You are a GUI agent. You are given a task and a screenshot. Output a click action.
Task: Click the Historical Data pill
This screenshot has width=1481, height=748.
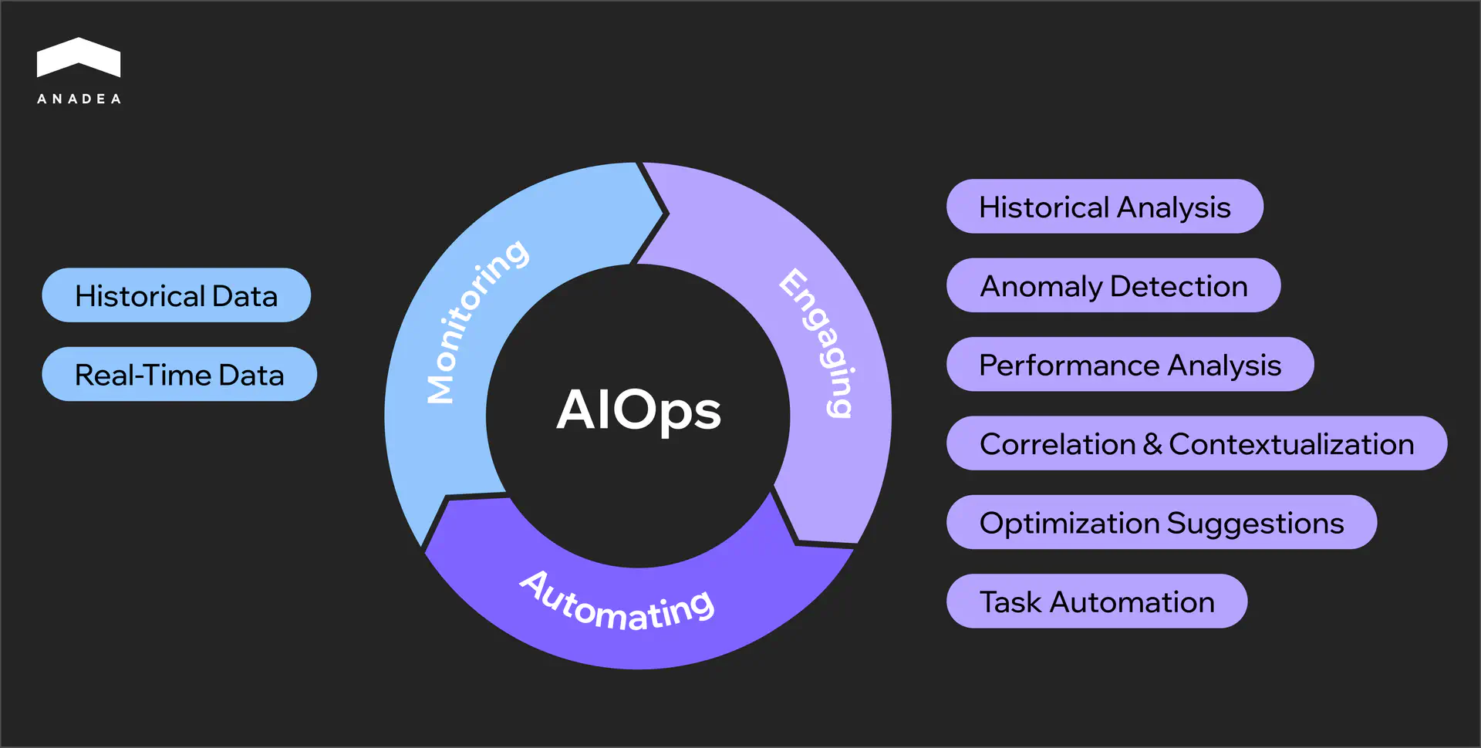(x=176, y=295)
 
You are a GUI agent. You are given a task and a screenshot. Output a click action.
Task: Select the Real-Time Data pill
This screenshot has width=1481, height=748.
(x=179, y=374)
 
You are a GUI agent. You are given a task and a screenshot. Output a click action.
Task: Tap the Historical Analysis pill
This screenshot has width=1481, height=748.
(x=1104, y=207)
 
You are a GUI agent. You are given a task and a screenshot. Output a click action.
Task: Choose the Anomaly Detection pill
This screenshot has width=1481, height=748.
(x=1113, y=285)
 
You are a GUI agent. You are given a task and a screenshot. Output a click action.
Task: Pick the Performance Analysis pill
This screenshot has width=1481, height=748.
(x=1129, y=365)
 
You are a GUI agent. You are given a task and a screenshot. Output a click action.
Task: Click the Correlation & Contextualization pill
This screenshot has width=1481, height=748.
(x=1196, y=443)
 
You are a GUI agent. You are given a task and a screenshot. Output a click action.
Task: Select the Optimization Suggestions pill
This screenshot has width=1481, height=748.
(x=1161, y=523)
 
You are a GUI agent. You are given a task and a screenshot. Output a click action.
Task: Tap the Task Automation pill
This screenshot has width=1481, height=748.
(x=1096, y=601)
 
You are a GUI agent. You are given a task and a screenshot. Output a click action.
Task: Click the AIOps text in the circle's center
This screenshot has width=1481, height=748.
(x=639, y=409)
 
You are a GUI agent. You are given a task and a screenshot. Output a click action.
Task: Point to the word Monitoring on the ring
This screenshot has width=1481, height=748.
(x=476, y=320)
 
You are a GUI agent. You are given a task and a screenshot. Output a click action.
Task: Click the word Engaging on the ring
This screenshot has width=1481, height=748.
(x=819, y=343)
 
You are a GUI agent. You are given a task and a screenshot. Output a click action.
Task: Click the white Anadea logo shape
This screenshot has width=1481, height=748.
(x=79, y=58)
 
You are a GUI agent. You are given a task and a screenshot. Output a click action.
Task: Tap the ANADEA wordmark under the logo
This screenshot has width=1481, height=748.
(x=79, y=99)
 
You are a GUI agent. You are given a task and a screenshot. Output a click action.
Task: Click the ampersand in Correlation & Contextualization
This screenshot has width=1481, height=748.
(x=1152, y=444)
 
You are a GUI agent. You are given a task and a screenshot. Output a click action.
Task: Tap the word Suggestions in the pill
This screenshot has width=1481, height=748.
(x=1255, y=524)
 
